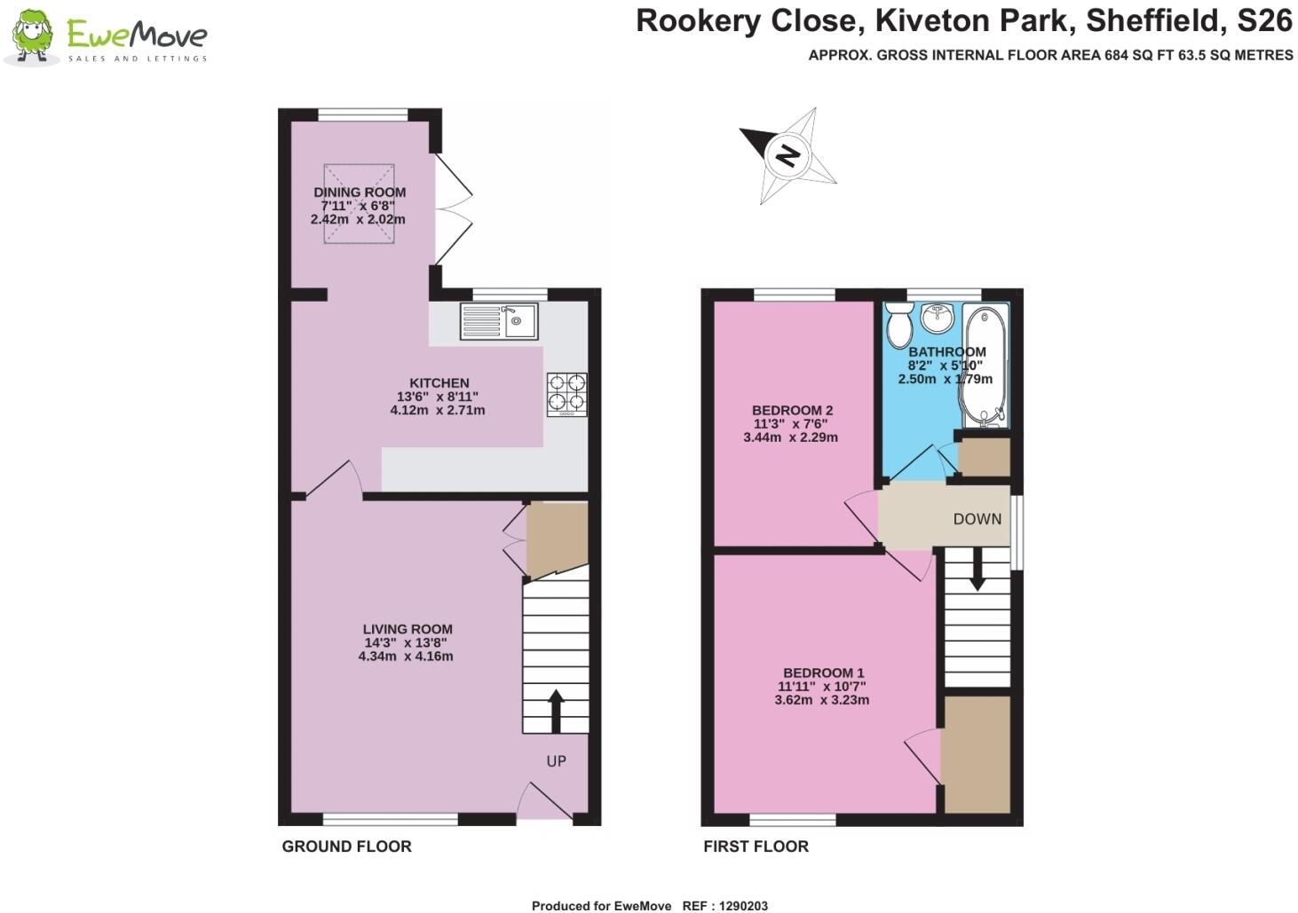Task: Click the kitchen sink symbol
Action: (499, 321)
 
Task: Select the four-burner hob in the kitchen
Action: (566, 395)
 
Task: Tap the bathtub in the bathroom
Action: (985, 366)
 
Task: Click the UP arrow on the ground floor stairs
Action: (556, 710)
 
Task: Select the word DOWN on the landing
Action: (977, 519)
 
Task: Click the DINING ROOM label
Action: (360, 192)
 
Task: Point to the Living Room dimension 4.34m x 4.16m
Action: (406, 657)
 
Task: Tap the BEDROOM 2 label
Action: (792, 410)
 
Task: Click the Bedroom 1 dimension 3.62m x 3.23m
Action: (821, 699)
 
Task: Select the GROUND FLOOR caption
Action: (346, 846)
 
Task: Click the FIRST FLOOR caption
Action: (756, 846)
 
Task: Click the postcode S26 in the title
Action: (1265, 20)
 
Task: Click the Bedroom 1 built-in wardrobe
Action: (976, 754)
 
